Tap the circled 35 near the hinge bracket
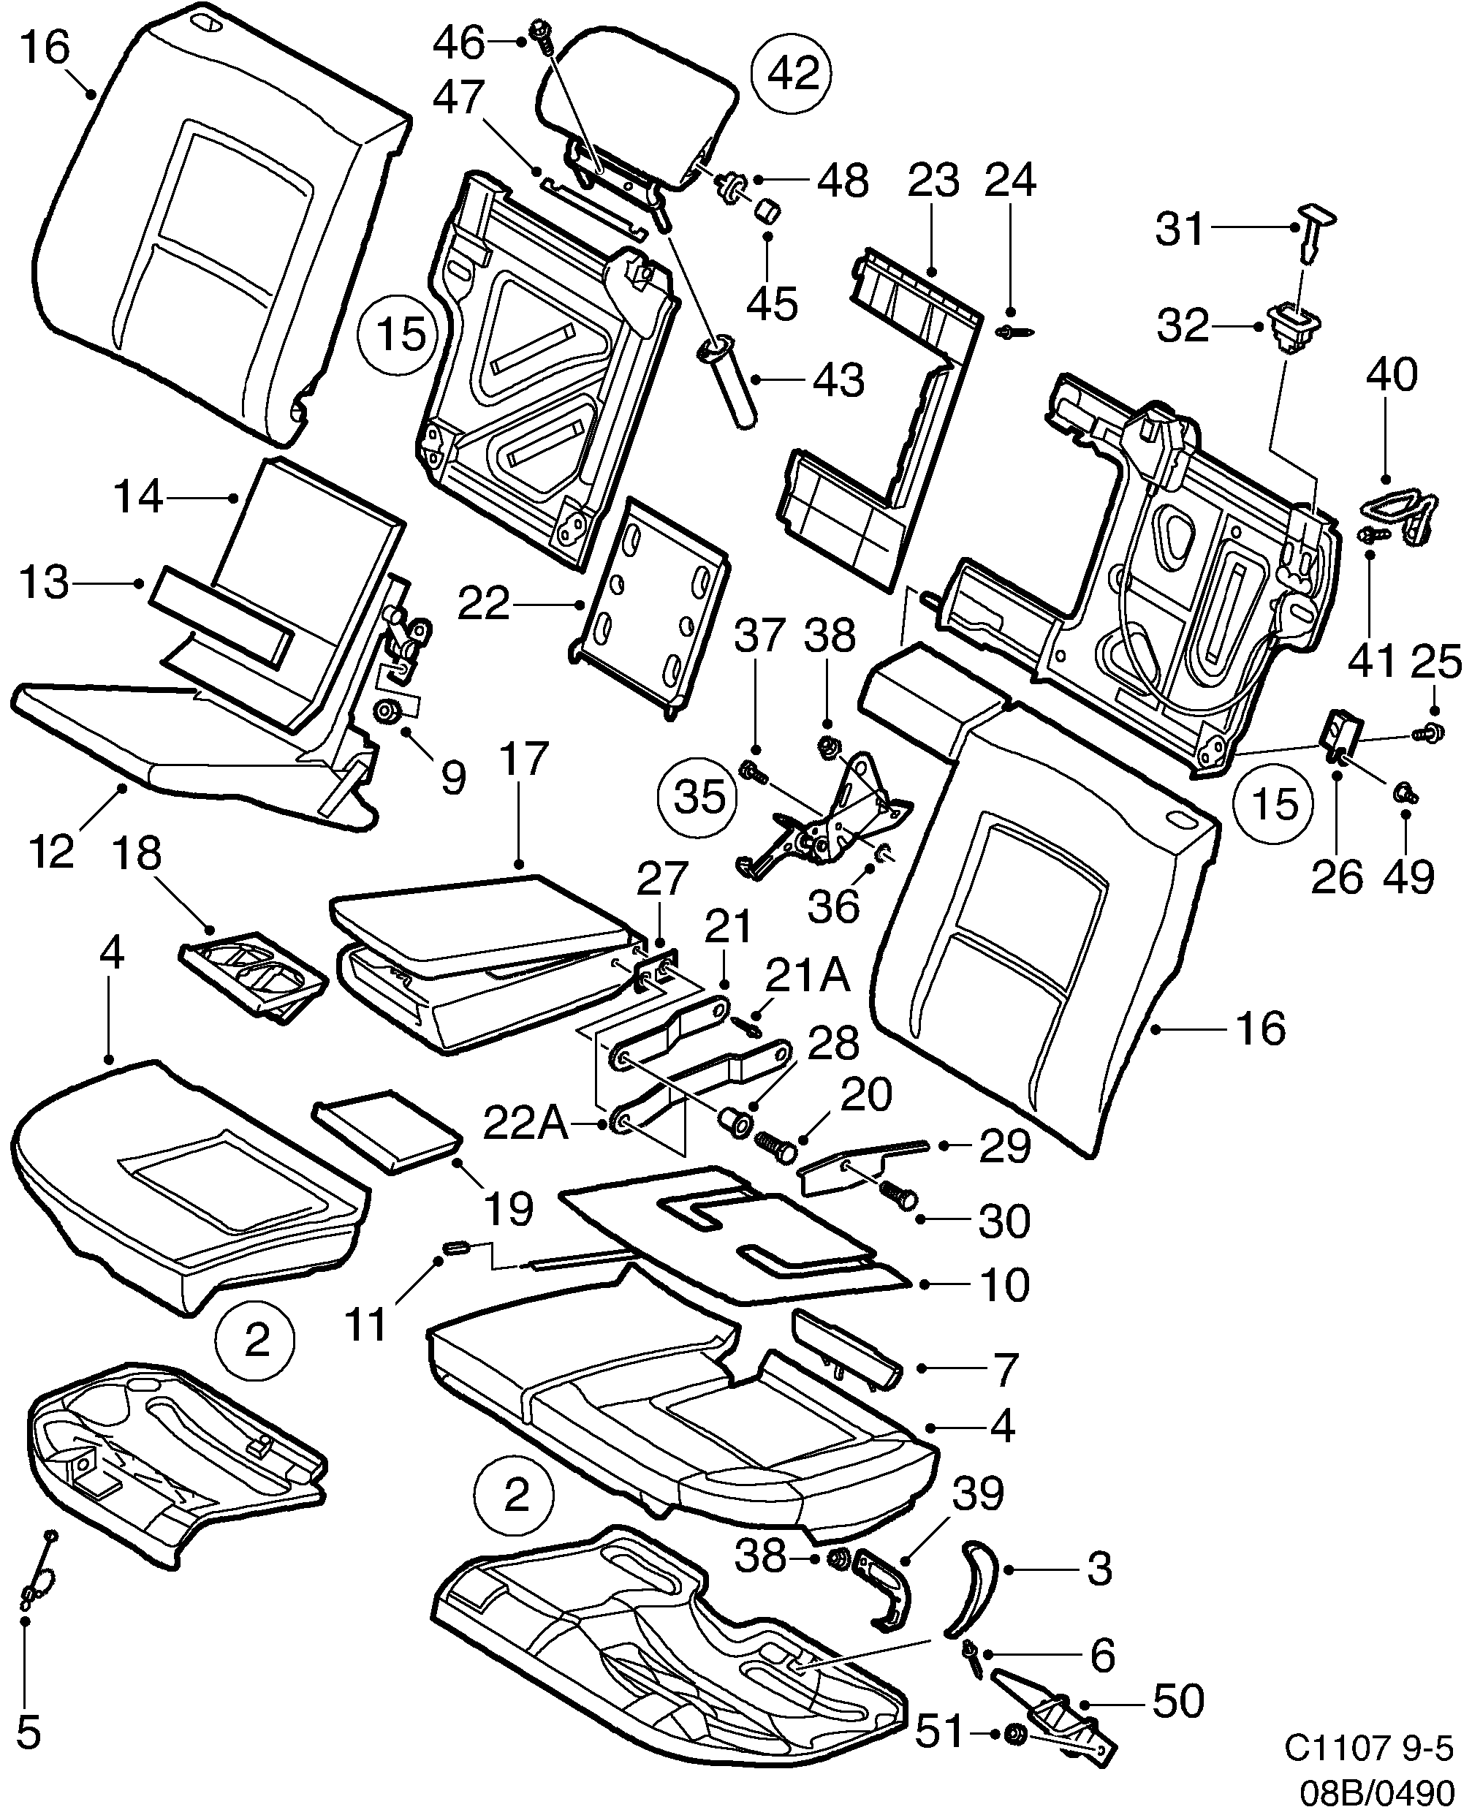tap(699, 796)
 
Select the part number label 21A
tap(807, 976)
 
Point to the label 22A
tap(525, 1124)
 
